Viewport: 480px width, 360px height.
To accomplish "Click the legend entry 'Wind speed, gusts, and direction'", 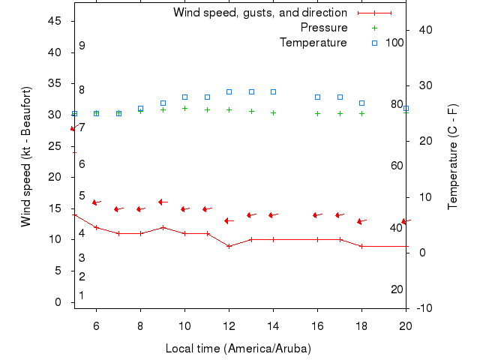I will pyautogui.click(x=259, y=13).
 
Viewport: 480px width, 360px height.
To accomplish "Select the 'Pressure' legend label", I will pyautogui.click(x=324, y=28).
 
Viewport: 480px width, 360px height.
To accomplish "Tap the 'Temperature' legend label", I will pyautogui.click(x=313, y=43).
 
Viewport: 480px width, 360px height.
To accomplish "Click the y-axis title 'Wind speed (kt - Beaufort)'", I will pyautogui.click(x=26, y=157).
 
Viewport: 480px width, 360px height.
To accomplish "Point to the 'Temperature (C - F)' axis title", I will pyautogui.click(x=453, y=157).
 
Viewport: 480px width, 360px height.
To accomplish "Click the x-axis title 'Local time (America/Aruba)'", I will pyautogui.click(x=238, y=349).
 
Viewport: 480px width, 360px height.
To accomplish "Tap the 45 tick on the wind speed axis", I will pyautogui.click(x=55, y=22).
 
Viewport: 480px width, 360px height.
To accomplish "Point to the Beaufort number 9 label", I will pyautogui.click(x=82, y=46).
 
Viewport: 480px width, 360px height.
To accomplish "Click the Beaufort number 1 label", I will pyautogui.click(x=82, y=295).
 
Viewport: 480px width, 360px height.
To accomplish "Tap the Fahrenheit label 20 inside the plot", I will pyautogui.click(x=397, y=289).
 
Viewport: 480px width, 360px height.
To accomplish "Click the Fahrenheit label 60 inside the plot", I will pyautogui.click(x=397, y=166).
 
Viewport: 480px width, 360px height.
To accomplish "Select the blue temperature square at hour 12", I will pyautogui.click(x=229, y=91).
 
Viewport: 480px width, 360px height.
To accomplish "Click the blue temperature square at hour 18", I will pyautogui.click(x=361, y=103).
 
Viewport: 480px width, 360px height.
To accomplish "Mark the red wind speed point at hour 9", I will pyautogui.click(x=163, y=227).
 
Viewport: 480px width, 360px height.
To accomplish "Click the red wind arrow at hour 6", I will pyautogui.click(x=96, y=202).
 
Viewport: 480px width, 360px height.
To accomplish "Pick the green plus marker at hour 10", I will pyautogui.click(x=184, y=108).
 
